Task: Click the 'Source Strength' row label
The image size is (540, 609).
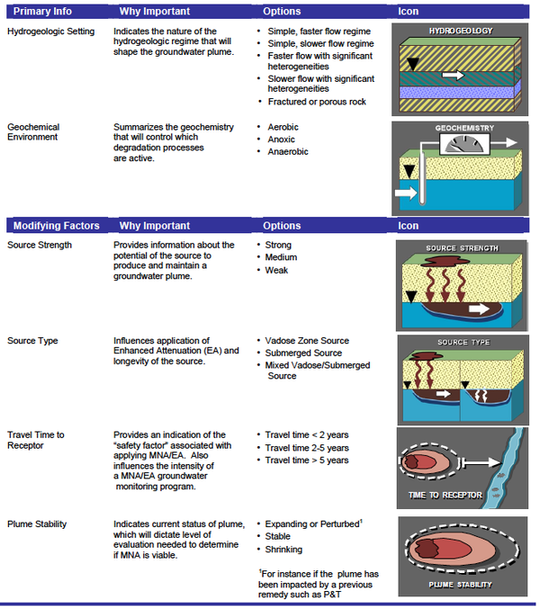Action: pos(40,245)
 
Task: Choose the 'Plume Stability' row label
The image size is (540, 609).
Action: pos(37,523)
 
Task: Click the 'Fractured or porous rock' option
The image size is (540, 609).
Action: pos(318,102)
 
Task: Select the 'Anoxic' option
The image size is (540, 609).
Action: pos(283,139)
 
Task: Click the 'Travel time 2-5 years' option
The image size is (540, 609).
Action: pos(307,448)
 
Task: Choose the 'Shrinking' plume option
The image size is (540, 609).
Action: pos(284,549)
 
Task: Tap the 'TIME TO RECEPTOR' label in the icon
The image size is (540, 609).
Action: pos(445,495)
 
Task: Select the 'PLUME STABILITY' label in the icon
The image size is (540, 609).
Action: pos(460,586)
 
